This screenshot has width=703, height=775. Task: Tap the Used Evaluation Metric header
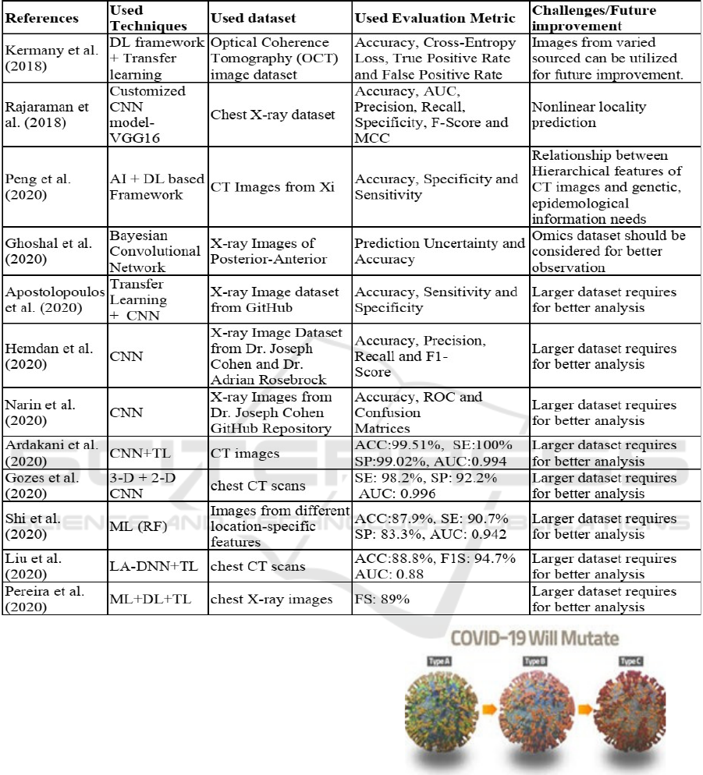[435, 17]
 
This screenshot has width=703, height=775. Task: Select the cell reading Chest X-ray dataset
[272, 115]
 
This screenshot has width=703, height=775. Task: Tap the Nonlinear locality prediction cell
[589, 115]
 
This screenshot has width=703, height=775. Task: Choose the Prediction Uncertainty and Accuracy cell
[439, 251]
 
